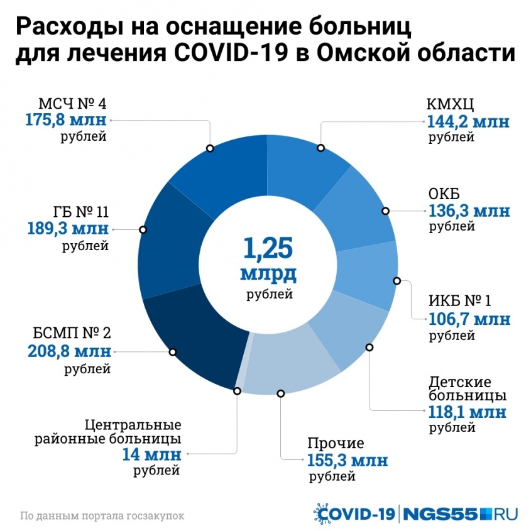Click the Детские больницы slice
[346, 333]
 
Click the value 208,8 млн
[69, 351]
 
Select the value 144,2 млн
[468, 121]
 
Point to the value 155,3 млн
[348, 460]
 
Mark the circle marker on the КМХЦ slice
[320, 148]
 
